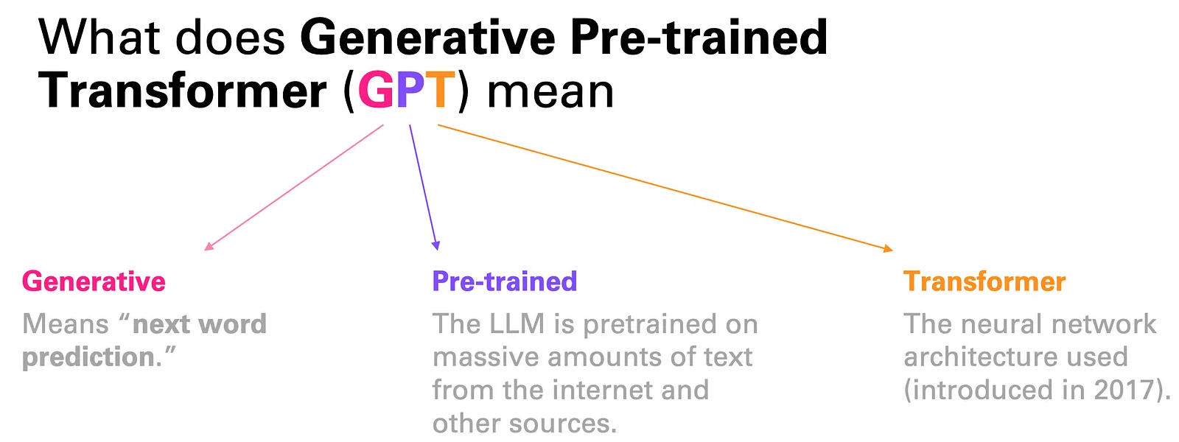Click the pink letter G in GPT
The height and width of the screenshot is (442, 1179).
[377, 91]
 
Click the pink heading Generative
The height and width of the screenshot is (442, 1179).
[94, 281]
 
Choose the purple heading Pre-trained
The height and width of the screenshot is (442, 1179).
[505, 281]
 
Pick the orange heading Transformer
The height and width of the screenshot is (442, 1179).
[984, 281]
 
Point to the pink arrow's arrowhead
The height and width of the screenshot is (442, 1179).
[209, 246]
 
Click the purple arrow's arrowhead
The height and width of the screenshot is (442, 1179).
[435, 245]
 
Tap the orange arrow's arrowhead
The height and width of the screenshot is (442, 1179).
[888, 248]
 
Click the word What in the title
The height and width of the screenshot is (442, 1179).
[99, 38]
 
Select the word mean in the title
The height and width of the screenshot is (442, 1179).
[550, 91]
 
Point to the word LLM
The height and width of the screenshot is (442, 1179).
[517, 323]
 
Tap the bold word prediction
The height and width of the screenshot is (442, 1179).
[88, 357]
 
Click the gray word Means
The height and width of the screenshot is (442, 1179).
[66, 323]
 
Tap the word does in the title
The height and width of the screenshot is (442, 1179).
[230, 38]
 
